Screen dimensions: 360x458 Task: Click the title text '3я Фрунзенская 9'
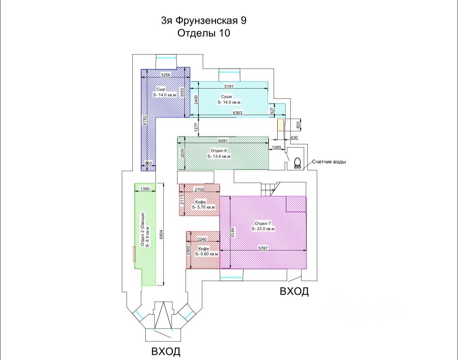tap(204, 20)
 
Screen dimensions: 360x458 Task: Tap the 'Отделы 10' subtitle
tap(204, 33)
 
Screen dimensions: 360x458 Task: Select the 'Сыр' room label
tap(161, 89)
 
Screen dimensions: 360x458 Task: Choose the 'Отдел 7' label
tap(263, 223)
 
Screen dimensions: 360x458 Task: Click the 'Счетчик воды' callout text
tap(329, 162)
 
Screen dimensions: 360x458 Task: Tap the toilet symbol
tap(298, 162)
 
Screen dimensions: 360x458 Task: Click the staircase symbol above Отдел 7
tap(269, 190)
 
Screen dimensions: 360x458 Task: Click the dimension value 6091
tap(223, 141)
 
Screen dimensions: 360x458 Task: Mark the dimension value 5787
tap(263, 248)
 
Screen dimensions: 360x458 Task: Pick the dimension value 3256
tap(165, 75)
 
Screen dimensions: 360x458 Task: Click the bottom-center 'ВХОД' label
tap(166, 351)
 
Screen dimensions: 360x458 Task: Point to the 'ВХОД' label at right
tap(294, 291)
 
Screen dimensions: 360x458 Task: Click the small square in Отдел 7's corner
tap(296, 204)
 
